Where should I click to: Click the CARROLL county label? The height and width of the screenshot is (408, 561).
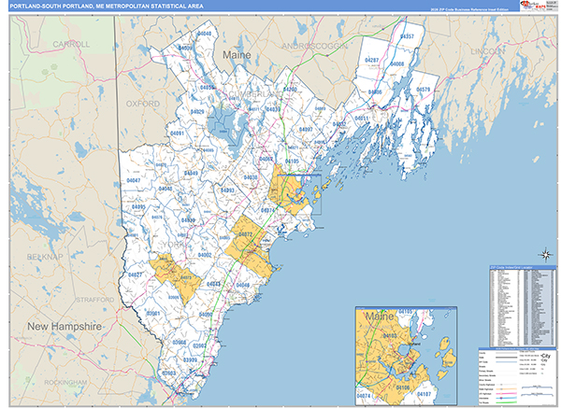[x=72, y=44]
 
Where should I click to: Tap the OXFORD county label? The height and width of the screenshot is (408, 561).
[x=143, y=104]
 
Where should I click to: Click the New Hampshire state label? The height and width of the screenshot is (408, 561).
[x=63, y=328]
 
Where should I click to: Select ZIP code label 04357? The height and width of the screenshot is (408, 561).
[x=407, y=35]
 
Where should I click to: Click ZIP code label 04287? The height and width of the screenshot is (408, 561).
[x=372, y=60]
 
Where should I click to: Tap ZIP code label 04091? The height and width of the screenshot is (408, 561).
[x=178, y=134]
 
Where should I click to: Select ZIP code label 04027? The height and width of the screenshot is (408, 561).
[x=136, y=275]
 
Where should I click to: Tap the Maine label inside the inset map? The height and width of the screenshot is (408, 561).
[x=379, y=319]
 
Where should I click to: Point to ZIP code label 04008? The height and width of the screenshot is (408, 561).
[x=396, y=64]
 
